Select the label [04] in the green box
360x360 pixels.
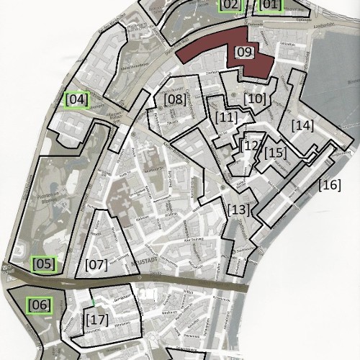76,99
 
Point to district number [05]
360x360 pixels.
43,264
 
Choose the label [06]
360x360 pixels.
40,305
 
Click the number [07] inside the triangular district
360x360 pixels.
96,264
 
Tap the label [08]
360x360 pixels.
174,99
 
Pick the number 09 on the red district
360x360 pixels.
244,52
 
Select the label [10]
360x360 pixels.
255,98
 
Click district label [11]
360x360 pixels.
226,117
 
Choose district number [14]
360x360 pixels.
302,125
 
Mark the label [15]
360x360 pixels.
275,153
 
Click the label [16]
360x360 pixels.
329,185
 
